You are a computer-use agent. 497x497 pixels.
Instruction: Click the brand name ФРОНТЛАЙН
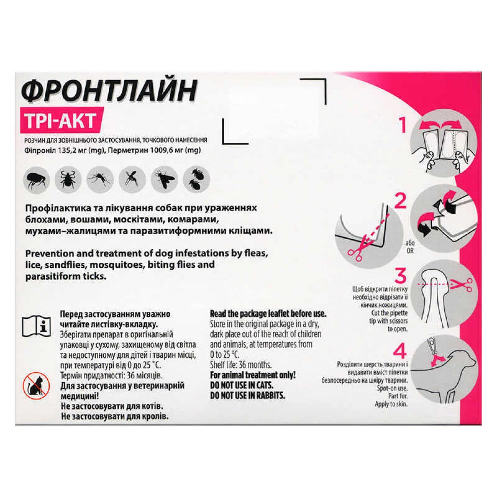(x=109, y=90)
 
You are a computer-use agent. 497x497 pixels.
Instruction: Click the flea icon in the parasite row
(x=36, y=180)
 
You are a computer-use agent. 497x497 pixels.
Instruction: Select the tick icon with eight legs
(x=68, y=180)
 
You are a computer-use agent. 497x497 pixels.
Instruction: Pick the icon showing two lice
(x=196, y=180)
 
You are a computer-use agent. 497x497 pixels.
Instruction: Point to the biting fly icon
(x=164, y=180)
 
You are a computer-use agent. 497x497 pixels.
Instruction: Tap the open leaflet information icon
(x=36, y=326)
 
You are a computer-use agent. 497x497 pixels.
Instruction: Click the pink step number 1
(x=403, y=125)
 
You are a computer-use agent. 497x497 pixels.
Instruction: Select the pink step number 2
(x=400, y=201)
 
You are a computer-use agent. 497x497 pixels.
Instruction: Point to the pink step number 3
(x=401, y=276)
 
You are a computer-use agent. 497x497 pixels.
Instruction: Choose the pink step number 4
(x=399, y=351)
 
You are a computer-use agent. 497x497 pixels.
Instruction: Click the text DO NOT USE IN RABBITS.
(x=248, y=395)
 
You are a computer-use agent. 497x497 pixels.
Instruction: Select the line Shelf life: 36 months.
(x=241, y=365)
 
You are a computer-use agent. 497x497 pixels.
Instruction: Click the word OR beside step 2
(x=410, y=251)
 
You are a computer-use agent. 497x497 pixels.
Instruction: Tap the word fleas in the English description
(x=256, y=253)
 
